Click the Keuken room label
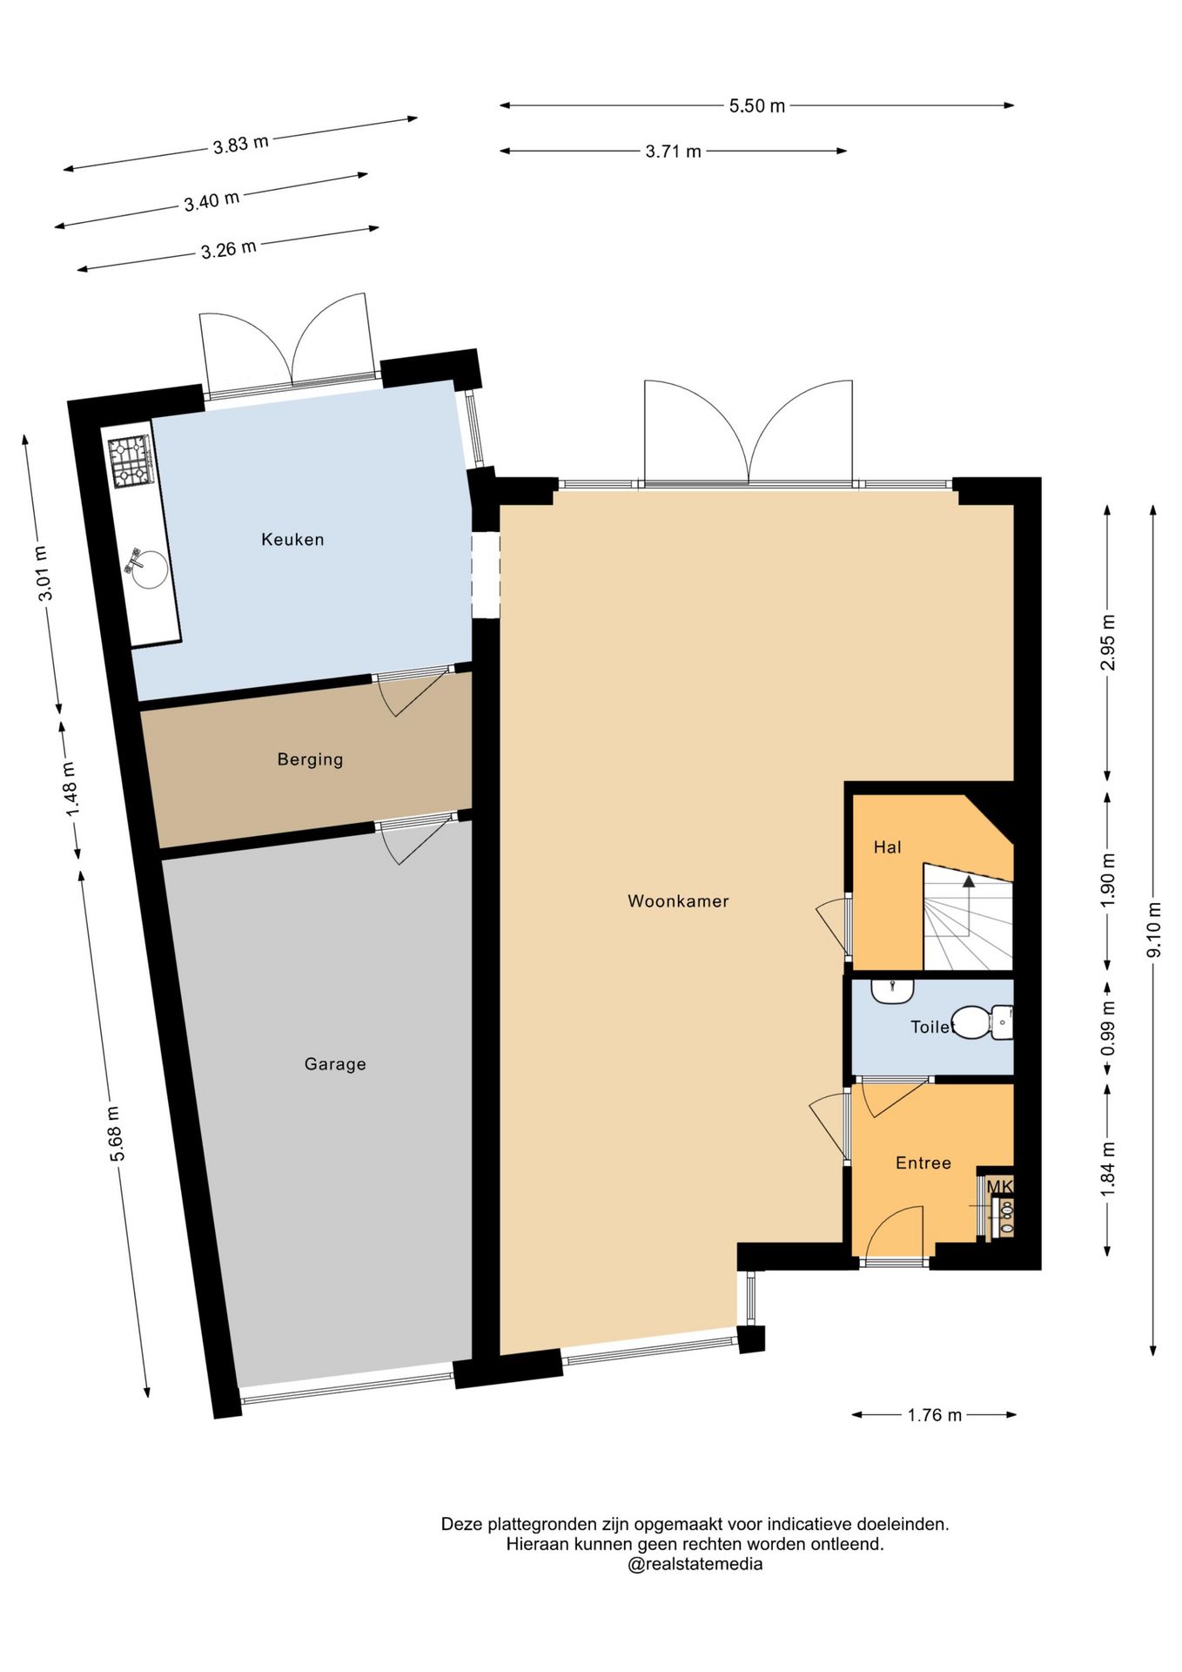[292, 540]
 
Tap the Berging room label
[310, 759]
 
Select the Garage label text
[335, 1064]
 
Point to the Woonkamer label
[678, 901]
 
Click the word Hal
[887, 847]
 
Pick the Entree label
[923, 1163]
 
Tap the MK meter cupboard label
[999, 1186]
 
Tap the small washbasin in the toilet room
[892, 991]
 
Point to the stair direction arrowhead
[969, 881]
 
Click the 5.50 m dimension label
[756, 106]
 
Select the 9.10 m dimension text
[1154, 929]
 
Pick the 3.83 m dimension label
[241, 144]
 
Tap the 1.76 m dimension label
[934, 1415]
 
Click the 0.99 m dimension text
[1108, 1028]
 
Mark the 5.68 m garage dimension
[118, 1133]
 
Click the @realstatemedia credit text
[695, 1564]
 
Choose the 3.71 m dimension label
[673, 152]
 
